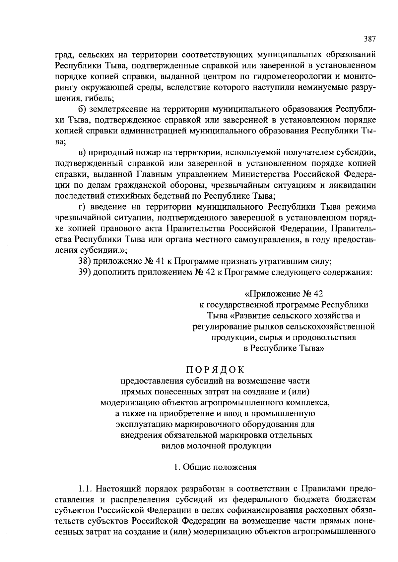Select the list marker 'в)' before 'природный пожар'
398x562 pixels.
82,152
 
